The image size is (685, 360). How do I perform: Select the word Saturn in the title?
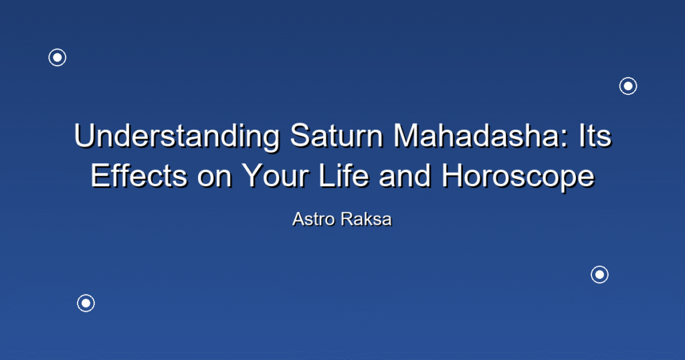[x=336, y=136]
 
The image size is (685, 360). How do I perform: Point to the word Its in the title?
[x=595, y=136]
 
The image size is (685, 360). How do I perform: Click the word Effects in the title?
[x=139, y=175]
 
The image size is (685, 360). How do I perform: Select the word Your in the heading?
[x=276, y=175]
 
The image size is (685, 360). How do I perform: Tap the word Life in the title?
[x=344, y=175]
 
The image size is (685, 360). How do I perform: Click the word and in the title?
[x=405, y=175]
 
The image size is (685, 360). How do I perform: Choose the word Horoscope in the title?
[x=518, y=177]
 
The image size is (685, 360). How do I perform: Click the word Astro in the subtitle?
[x=314, y=219]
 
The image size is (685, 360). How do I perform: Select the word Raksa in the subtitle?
[x=367, y=219]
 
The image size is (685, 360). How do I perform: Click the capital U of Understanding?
[x=86, y=136]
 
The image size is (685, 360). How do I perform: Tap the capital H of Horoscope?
[x=453, y=175]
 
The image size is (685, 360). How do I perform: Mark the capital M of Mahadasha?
[x=408, y=136]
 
